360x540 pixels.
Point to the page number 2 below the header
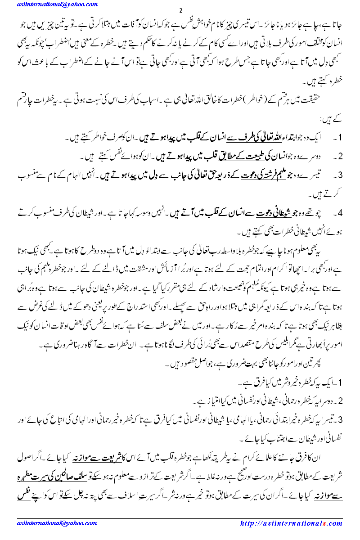[180, 10]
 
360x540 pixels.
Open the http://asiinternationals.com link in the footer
[291, 523]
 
